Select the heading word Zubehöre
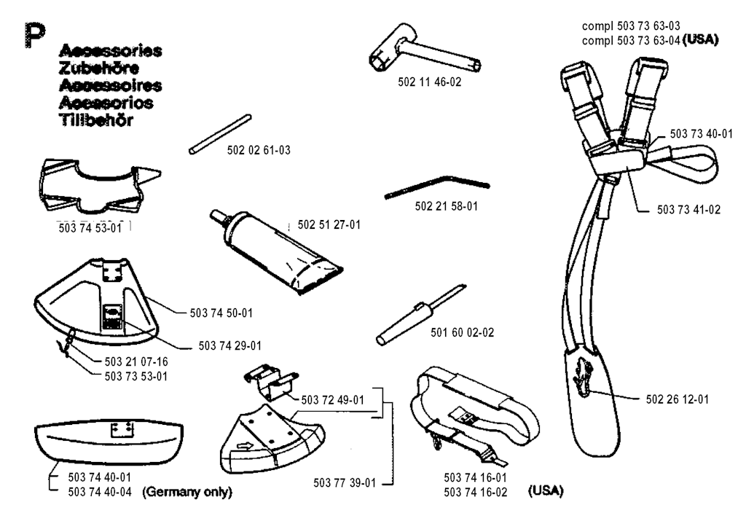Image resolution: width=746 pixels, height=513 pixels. tap(99, 68)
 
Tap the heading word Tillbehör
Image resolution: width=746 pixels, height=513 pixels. tap(95, 120)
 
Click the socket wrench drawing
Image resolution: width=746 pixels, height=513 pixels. tap(425, 50)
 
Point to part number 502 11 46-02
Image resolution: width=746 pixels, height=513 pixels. tap(430, 82)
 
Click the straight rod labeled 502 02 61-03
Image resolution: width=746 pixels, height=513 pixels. tap(220, 134)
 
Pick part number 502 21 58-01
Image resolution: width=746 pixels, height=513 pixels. tap(447, 206)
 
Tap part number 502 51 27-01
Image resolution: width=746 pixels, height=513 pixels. tap(329, 224)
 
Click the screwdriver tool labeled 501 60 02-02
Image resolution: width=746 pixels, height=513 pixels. tap(420, 315)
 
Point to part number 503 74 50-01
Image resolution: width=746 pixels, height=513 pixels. tap(221, 313)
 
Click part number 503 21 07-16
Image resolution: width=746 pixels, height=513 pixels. tap(136, 361)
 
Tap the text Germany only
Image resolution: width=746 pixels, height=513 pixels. tap(187, 492)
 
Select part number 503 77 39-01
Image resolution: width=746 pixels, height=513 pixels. tap(345, 482)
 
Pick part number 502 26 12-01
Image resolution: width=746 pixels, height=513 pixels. tap(677, 399)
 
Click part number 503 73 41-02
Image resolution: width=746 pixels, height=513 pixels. tap(688, 209)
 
